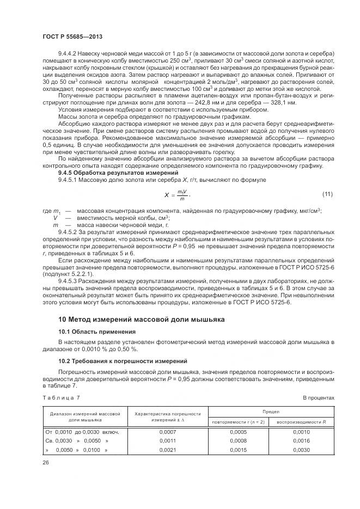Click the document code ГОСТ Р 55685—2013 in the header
coord(72,36)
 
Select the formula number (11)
coord(328,194)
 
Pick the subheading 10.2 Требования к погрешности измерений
coord(123,361)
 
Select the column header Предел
coord(271,412)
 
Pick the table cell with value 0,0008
coord(239,441)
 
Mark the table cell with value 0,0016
coord(301,441)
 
